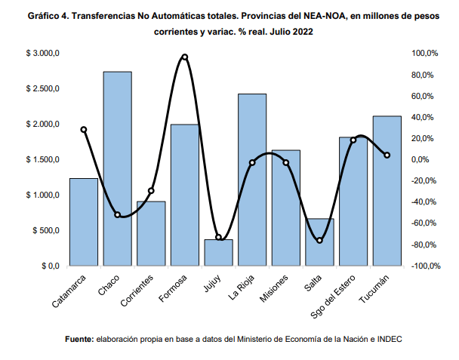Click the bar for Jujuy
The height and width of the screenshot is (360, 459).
click(x=219, y=253)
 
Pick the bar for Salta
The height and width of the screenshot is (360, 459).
click(x=319, y=242)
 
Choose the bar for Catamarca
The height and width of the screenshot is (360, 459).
click(x=84, y=222)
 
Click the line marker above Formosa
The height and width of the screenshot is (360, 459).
click(x=185, y=57)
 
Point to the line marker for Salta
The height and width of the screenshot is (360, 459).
click(x=319, y=240)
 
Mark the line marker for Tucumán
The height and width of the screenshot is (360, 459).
click(x=387, y=155)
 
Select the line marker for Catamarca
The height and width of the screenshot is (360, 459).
click(x=84, y=130)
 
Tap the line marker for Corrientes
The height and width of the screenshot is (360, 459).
click(x=151, y=191)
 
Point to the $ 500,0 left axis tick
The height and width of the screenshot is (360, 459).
click(x=45, y=231)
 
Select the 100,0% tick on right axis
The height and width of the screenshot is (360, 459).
click(x=424, y=54)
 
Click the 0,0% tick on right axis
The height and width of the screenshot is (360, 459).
click(x=421, y=160)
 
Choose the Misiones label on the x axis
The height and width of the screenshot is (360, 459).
click(x=273, y=288)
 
